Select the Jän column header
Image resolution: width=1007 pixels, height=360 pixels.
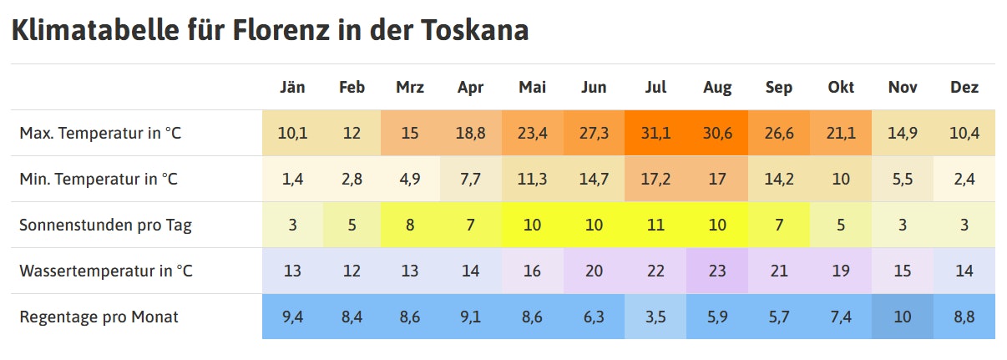click(x=292, y=87)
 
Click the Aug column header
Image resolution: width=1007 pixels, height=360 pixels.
click(x=717, y=87)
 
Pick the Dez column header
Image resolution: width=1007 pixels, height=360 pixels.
click(x=964, y=87)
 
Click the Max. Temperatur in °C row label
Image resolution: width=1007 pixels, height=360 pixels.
click(x=99, y=133)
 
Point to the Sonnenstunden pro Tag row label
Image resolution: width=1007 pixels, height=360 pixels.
click(x=105, y=225)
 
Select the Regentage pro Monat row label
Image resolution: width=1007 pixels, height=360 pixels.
click(x=99, y=317)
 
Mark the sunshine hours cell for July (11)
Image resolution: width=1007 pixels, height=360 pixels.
click(x=655, y=225)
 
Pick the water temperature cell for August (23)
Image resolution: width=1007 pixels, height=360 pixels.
click(x=717, y=271)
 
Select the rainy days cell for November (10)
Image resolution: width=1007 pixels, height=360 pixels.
click(x=903, y=317)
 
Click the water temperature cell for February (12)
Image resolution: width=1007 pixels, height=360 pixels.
click(x=352, y=271)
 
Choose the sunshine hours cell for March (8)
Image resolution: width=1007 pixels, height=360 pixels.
click(x=410, y=225)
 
